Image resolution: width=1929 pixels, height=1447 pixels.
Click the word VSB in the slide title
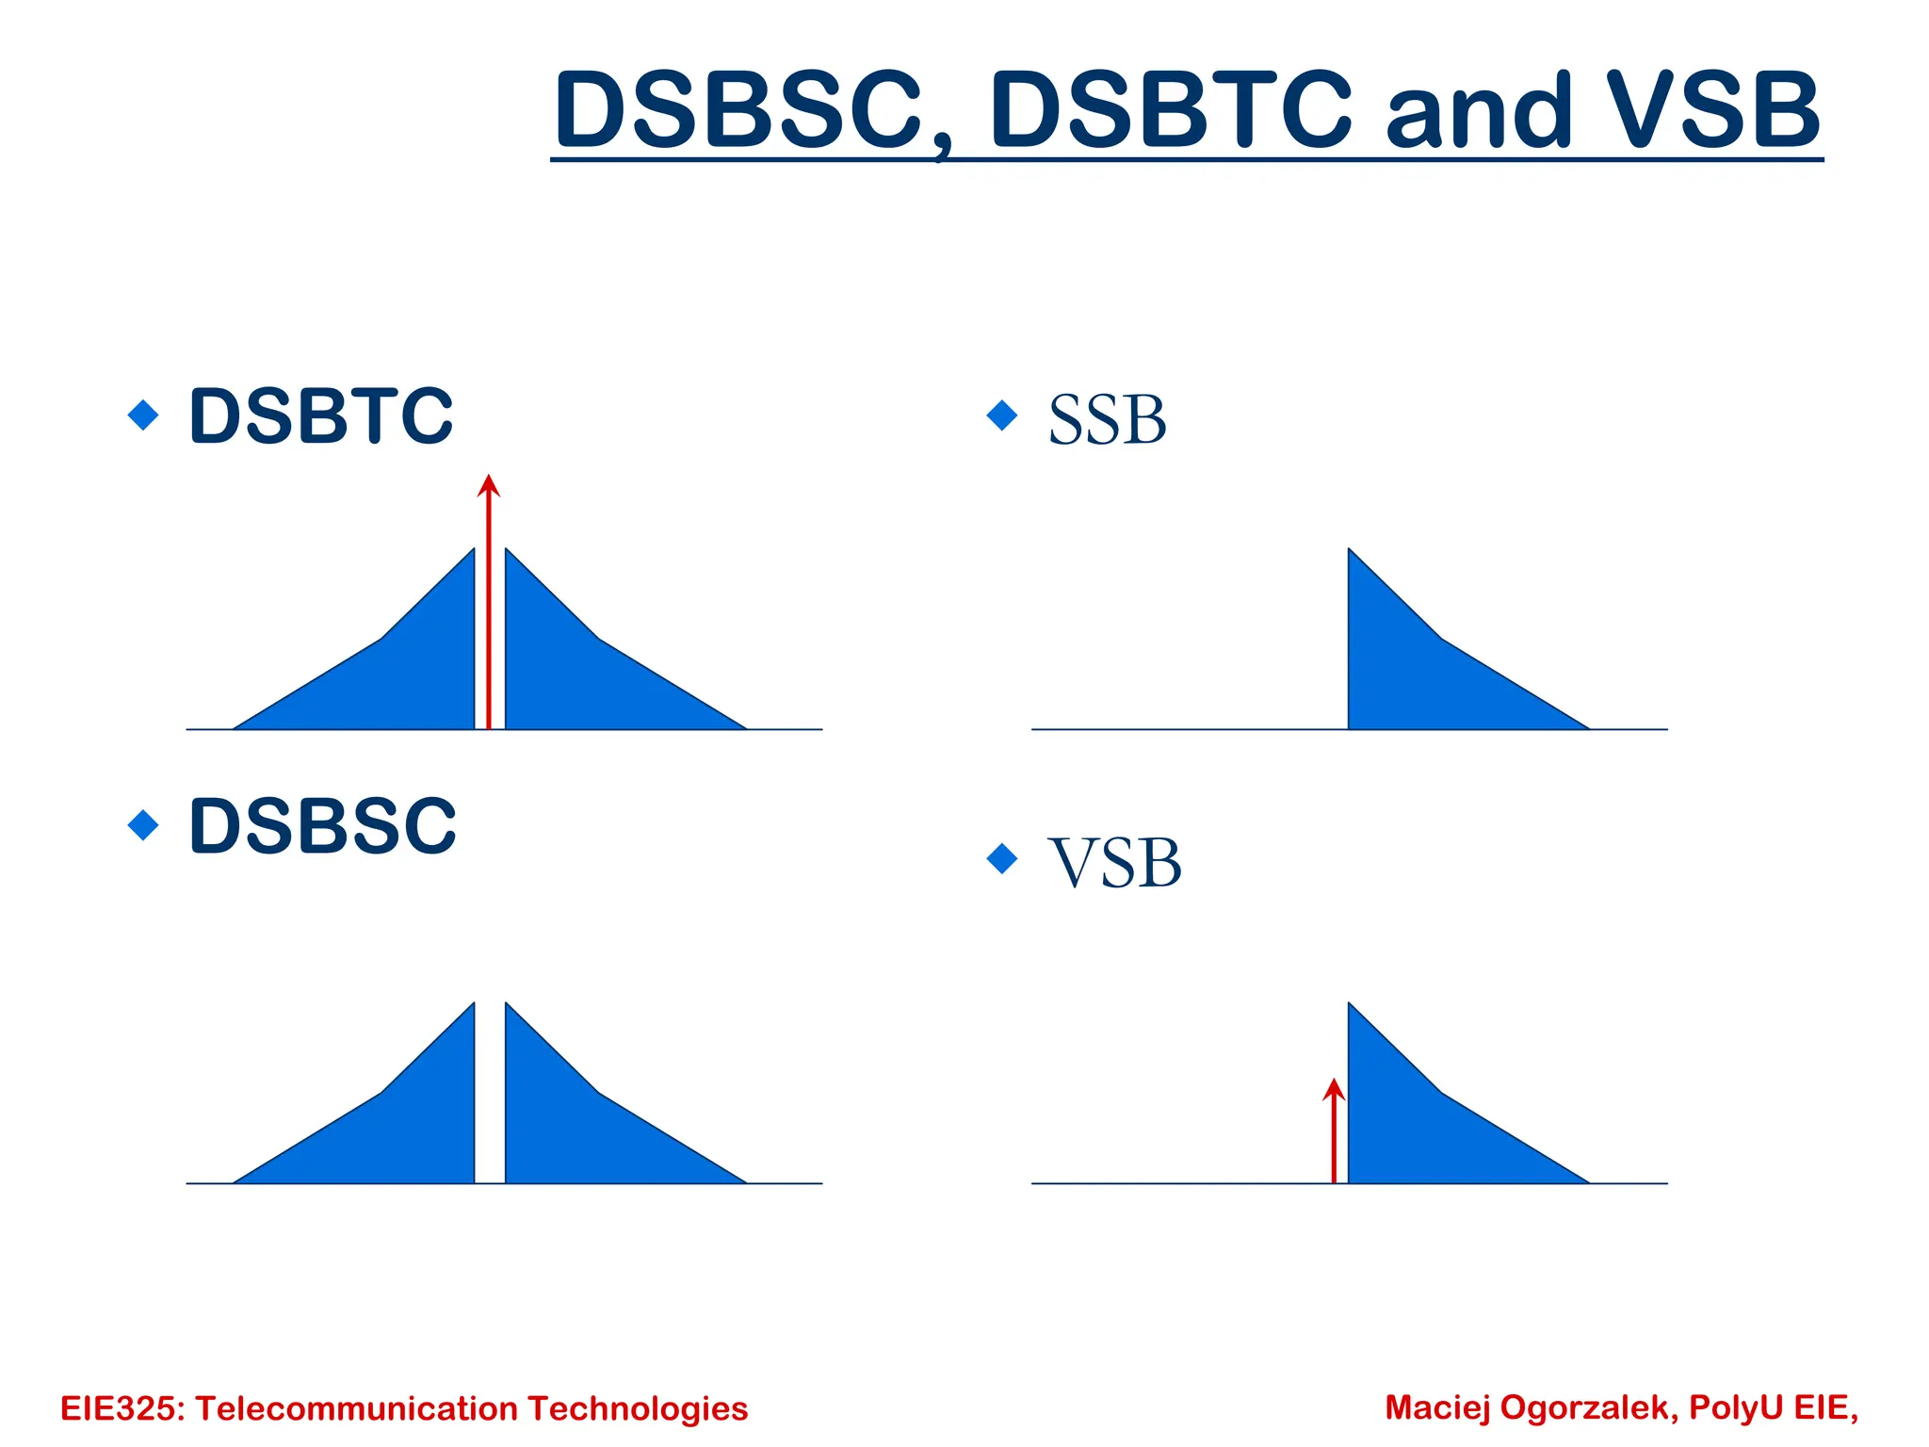[1714, 111]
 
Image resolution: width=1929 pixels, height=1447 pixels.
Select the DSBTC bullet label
[321, 415]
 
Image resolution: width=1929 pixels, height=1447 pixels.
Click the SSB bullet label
[1107, 420]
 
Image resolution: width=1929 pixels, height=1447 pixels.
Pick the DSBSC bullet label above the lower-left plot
[322, 826]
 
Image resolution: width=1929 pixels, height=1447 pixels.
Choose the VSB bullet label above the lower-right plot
[1115, 863]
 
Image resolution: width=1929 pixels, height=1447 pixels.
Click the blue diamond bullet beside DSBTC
[143, 415]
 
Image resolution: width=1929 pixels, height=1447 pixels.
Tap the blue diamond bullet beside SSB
[1002, 415]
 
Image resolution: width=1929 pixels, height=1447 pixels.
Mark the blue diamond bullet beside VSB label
[1002, 858]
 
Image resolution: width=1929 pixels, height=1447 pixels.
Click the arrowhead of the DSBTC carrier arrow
[488, 485]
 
